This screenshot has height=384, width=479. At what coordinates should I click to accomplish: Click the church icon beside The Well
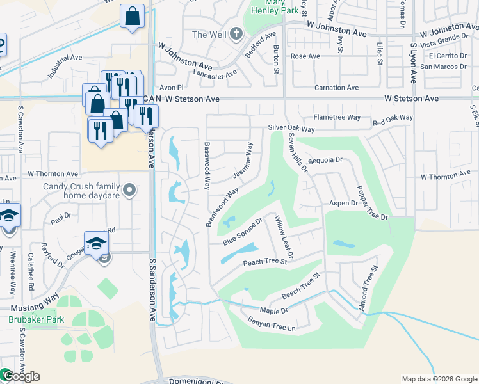tap(236, 34)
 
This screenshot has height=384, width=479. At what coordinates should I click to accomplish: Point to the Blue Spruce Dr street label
tap(243, 233)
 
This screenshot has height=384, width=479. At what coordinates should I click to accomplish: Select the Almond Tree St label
tap(368, 289)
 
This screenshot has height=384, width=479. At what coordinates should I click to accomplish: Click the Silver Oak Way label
tap(291, 129)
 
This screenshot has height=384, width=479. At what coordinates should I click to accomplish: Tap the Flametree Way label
tap(336, 118)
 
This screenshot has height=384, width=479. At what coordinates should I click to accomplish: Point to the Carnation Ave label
tap(336, 88)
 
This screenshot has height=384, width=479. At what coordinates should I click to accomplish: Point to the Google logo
tap(20, 376)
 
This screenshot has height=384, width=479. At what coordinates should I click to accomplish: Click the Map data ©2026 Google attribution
tap(439, 379)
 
